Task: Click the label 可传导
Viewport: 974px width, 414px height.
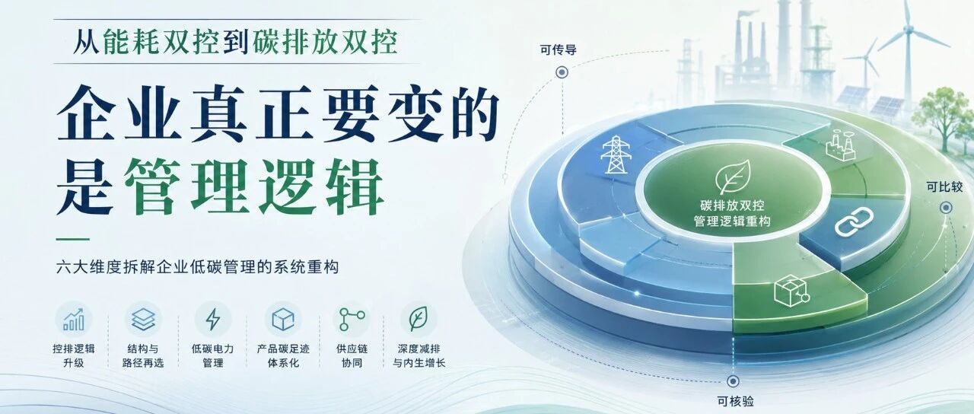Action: [x=559, y=49]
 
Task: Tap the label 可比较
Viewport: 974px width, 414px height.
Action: [x=944, y=187]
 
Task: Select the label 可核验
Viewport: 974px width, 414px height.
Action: [x=735, y=401]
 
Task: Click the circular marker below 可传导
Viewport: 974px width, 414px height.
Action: [x=562, y=72]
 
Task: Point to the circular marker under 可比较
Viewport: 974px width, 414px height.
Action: [x=946, y=208]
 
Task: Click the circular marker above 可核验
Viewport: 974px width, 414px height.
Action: [x=733, y=381]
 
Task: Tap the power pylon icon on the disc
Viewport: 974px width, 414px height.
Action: [x=616, y=154]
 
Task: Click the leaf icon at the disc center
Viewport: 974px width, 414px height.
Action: [x=734, y=176]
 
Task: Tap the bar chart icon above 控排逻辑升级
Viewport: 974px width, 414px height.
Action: [x=74, y=319]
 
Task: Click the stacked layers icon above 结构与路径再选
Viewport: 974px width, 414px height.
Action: [x=144, y=319]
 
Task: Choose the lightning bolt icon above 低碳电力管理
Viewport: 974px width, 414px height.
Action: [x=212, y=319]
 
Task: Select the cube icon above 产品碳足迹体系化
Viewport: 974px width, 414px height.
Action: [x=283, y=319]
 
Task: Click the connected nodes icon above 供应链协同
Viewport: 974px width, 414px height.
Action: [x=352, y=319]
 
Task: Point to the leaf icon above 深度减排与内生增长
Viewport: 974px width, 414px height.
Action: [x=419, y=319]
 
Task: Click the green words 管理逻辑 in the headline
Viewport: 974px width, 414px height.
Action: [x=254, y=187]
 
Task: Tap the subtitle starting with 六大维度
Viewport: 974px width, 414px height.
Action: [x=197, y=266]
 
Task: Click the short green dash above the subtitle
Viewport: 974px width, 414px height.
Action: [x=72, y=239]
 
